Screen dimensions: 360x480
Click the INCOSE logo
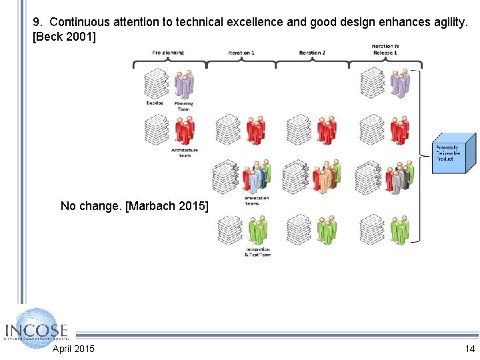37,329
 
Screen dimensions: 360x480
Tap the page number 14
470,349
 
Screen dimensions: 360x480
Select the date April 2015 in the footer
73,349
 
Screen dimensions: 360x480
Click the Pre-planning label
168,53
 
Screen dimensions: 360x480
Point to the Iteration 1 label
241,53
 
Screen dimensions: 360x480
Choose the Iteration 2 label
311,53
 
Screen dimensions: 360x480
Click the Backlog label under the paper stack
155,103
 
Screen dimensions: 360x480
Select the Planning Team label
183,105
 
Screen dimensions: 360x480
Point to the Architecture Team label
184,152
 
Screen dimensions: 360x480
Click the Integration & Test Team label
257,252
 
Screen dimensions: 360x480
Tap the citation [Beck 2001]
64,37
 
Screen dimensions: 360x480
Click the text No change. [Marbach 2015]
134,206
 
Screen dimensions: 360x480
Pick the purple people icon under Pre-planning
184,84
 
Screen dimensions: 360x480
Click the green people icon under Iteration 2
326,230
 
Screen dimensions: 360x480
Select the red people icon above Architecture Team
185,130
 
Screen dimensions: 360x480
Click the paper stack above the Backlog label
157,84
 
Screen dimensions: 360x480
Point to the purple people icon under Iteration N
399,83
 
